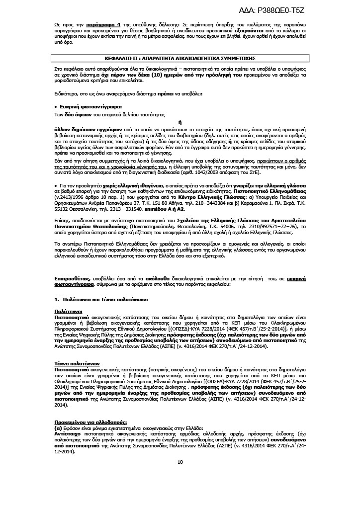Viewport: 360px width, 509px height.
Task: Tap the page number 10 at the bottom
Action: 180,462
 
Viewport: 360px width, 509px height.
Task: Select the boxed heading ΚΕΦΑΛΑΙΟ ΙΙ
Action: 180,58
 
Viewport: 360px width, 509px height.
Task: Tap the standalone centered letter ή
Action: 180,121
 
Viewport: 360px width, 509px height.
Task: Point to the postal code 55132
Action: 62,210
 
